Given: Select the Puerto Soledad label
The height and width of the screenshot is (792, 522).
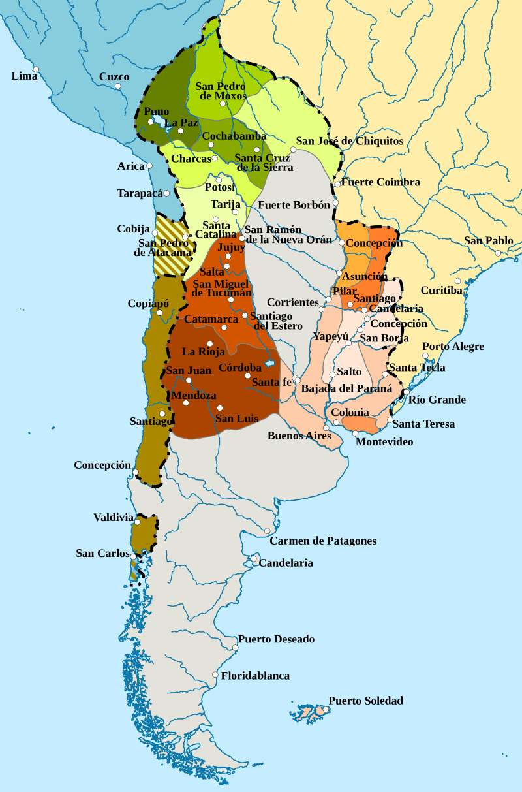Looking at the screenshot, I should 365,701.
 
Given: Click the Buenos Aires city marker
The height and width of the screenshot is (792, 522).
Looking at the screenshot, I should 327,428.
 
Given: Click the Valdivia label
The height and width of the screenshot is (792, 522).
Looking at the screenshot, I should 113,517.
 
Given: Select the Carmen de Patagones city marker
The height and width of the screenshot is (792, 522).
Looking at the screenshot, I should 268,531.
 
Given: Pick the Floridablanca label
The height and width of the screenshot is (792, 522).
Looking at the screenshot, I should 254,676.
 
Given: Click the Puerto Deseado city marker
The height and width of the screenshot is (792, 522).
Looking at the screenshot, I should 235,648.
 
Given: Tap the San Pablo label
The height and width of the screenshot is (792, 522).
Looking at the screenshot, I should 488,241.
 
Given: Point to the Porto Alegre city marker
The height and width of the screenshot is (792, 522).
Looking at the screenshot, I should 425,356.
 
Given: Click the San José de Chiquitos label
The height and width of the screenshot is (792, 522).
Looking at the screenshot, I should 349,141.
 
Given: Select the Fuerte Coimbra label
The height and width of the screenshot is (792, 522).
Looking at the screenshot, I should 380,182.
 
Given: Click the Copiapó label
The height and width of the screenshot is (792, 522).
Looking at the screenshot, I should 149,304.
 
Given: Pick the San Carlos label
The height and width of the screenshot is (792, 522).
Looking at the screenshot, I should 103,553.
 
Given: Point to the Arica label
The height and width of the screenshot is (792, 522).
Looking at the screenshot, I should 130,166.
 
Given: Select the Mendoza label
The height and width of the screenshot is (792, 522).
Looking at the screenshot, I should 194,396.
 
